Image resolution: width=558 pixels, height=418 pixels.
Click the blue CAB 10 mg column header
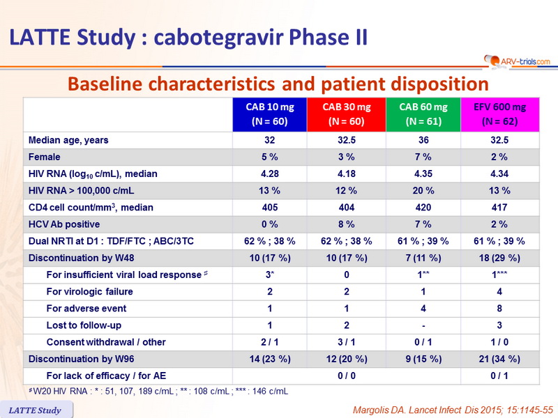click(270, 114)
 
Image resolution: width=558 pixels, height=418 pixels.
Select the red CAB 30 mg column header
click(346, 114)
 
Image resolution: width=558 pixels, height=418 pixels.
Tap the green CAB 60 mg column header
click(423, 114)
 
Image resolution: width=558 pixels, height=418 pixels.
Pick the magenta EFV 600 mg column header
click(499, 114)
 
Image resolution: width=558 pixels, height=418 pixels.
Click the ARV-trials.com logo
click(517, 61)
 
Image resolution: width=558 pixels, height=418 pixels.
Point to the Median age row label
click(68, 140)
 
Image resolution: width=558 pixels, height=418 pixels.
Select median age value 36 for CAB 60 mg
click(423, 140)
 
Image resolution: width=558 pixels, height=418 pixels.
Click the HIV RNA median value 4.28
click(270, 173)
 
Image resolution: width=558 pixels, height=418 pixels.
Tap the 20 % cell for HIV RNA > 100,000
click(423, 191)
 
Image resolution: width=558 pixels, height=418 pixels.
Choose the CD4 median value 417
click(499, 208)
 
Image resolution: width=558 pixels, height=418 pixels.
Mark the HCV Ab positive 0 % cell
click(270, 224)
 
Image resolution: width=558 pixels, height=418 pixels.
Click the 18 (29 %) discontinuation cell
click(499, 258)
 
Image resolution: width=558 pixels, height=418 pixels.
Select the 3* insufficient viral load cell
click(270, 274)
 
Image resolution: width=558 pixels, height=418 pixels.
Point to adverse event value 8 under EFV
click(499, 309)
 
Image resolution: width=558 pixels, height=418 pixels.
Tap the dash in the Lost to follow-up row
click(423, 325)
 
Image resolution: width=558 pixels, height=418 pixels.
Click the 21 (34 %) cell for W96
click(499, 359)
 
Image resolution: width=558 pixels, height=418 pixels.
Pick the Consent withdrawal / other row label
click(106, 342)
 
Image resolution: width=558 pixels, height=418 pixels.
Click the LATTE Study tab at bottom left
click(36, 410)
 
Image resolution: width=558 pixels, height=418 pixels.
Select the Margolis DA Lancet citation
click(453, 410)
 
